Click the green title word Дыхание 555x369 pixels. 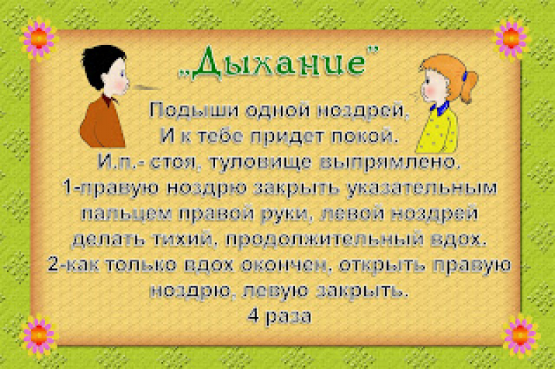(279, 63)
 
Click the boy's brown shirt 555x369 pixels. (102, 122)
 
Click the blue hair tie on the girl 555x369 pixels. (465, 76)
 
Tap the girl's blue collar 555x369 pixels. (440, 108)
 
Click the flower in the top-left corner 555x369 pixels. (39, 38)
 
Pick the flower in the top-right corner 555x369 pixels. (511, 38)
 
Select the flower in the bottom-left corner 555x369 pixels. (39, 335)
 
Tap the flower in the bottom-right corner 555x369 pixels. (520, 335)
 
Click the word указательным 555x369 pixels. (422, 188)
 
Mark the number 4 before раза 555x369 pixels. (253, 316)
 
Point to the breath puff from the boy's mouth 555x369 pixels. (145, 87)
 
